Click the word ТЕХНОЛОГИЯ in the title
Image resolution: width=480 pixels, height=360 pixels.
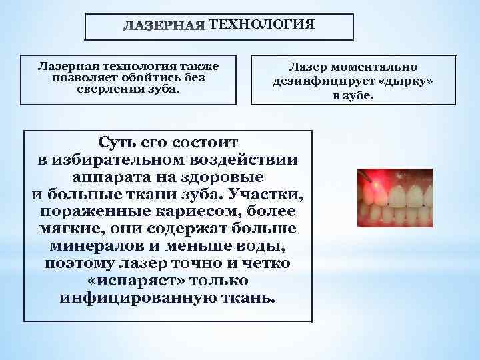(x=261, y=25)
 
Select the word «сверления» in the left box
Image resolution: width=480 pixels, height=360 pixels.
(x=109, y=89)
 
